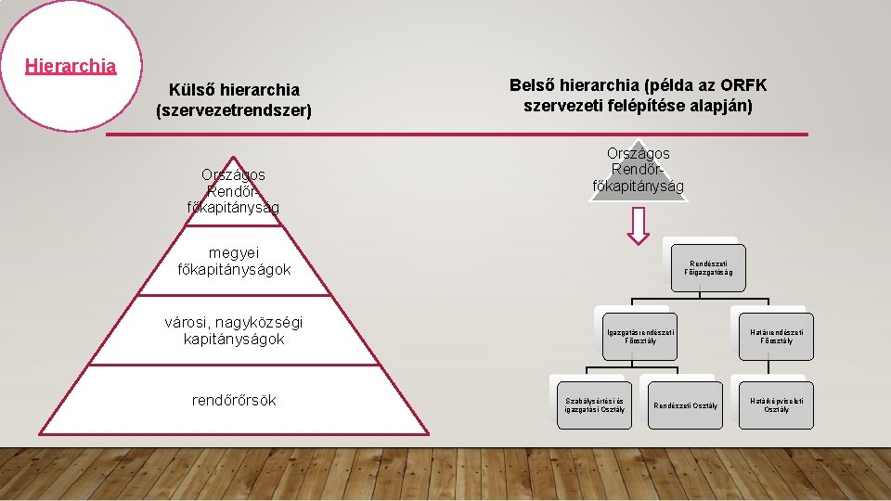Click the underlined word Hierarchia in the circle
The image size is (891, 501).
[71, 66]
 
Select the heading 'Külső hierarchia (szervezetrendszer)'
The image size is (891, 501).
[234, 100]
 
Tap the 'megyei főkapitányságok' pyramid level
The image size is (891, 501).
[234, 261]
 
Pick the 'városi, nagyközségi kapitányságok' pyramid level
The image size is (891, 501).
[234, 330]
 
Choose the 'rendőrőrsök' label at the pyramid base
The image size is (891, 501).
[234, 400]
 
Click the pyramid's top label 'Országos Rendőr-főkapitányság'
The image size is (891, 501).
[234, 190]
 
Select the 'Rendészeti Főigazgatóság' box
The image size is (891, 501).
[708, 267]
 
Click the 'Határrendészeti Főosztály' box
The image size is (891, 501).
[776, 336]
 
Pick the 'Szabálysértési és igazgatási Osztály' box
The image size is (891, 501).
[594, 405]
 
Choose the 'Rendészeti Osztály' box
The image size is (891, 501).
[685, 405]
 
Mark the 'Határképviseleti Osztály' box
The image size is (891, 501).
[776, 405]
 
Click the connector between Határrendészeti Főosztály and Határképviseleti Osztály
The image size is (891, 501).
[776, 370]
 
